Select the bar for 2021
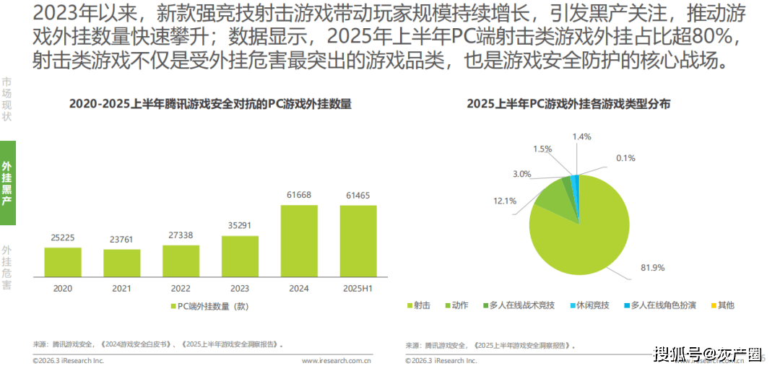click(x=121, y=263)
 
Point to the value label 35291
click(x=240, y=225)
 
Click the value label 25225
click(x=63, y=237)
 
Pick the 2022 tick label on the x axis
click(x=181, y=288)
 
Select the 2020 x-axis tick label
click(x=63, y=288)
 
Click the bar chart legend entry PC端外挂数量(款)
click(x=209, y=306)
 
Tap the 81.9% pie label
click(x=652, y=268)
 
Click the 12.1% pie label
click(x=505, y=201)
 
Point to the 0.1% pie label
click(x=625, y=158)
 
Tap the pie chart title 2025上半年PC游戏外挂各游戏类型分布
click(x=568, y=104)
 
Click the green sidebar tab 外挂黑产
click(x=7, y=183)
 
